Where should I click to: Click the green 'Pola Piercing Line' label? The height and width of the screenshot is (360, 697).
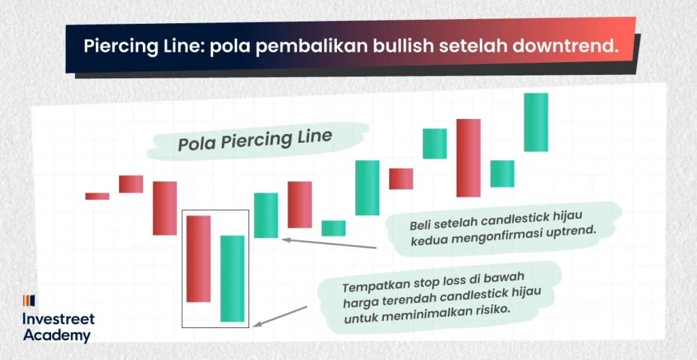tap(255, 140)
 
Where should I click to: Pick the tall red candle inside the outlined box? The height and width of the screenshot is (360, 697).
tap(199, 259)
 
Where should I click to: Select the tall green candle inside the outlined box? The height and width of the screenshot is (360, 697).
tap(232, 278)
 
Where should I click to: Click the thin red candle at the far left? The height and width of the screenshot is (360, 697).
tap(97, 196)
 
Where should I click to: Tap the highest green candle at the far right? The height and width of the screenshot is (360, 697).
tap(536, 122)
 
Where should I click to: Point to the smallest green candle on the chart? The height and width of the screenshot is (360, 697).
tap(334, 228)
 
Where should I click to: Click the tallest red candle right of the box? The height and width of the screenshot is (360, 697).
tap(468, 157)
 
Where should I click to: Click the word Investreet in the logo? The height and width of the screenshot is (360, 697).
tap(59, 319)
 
